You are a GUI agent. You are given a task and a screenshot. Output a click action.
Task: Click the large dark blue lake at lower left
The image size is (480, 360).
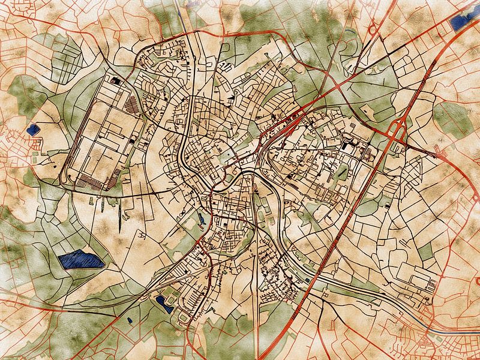(x=81, y=260)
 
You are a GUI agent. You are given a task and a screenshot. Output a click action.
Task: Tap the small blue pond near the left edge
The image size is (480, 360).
(x=32, y=128)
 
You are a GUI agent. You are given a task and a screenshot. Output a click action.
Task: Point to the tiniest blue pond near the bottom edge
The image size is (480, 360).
(x=130, y=320)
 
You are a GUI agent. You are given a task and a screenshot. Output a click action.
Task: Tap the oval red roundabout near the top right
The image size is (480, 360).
(x=373, y=29)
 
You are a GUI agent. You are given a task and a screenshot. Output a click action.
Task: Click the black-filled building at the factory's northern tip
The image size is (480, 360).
(x=114, y=79)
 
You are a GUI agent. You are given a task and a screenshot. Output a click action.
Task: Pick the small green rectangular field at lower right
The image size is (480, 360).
(x=425, y=253)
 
